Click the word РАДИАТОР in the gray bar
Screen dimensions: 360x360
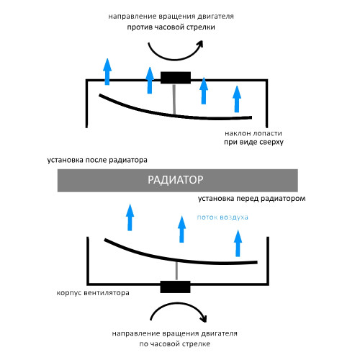pos(176,180)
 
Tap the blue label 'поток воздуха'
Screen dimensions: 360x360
pos(222,217)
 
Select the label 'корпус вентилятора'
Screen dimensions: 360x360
pos(93,293)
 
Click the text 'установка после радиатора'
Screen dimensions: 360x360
pos(97,160)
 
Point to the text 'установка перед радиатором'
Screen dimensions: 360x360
pos(252,199)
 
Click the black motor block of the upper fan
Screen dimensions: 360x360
pos(176,78)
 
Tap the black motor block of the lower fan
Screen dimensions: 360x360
pos(175,287)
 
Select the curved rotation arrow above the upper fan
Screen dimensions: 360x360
pos(174,59)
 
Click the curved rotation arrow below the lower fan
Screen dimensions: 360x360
pos(178,304)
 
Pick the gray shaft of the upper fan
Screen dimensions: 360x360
pos(175,99)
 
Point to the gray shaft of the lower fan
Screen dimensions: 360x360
pos(177,271)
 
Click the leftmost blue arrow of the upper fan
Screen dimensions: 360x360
pos(107,71)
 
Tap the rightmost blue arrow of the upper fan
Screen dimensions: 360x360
pos(237,99)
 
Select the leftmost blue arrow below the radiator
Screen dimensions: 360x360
pos(130,217)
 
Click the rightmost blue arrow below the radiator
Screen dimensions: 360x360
pos(238,243)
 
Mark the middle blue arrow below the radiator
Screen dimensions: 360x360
pos(181,229)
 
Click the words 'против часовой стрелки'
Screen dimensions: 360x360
pos(171,27)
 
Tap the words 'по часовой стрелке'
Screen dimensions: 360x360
pos(175,344)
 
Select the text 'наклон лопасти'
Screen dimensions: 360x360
pos(253,133)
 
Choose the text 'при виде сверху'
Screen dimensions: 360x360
pos(253,142)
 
